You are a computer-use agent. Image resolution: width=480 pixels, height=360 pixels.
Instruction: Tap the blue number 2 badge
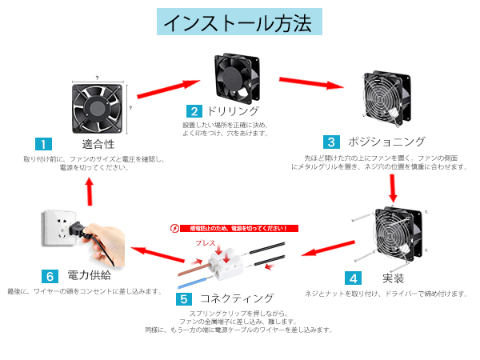(194, 111)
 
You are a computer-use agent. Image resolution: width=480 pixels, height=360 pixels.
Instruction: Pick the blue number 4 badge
(353, 278)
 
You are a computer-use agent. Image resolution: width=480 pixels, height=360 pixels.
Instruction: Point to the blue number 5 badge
(185, 299)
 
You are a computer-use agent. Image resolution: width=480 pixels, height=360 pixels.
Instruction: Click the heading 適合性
(98, 145)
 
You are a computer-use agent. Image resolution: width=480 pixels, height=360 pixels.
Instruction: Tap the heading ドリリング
(233, 111)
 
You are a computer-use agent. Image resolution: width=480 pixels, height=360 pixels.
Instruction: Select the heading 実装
(393, 278)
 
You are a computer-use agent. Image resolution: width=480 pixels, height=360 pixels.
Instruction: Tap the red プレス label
(206, 239)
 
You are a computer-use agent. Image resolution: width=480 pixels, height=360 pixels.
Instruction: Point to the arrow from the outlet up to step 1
(90, 190)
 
